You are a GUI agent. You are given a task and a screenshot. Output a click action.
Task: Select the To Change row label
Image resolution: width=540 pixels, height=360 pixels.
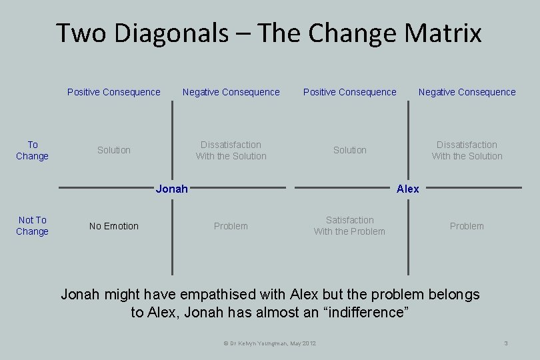coord(33,150)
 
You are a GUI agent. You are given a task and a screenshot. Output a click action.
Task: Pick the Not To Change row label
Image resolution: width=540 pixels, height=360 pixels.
coord(33,225)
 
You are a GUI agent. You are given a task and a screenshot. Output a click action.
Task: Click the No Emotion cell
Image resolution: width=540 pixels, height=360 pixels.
coord(114,226)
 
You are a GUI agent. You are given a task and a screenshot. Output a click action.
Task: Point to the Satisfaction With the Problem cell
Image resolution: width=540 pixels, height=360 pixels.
coord(349,225)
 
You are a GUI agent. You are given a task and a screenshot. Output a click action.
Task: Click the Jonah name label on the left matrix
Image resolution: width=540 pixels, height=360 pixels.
coord(171,189)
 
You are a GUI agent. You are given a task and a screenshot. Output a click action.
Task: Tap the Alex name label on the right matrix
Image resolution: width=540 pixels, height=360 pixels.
coord(408,189)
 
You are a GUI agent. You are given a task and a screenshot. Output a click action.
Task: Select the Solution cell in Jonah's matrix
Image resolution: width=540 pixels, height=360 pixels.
coord(114,150)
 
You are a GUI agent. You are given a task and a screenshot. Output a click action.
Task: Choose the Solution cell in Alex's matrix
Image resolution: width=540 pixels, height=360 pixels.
coord(350,150)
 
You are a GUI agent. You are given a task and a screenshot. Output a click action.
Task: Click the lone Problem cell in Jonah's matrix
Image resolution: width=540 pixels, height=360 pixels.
coord(231,226)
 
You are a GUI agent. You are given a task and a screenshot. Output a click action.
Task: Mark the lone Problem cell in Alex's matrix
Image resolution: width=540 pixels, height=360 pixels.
coord(467,226)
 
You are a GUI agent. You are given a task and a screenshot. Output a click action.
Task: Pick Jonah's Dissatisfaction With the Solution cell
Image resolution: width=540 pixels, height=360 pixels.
coord(231,150)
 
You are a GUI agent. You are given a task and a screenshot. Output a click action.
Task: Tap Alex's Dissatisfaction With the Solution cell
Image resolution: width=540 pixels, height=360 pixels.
coord(467,150)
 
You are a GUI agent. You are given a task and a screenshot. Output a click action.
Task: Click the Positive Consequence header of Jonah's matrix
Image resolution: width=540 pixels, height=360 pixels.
coord(114,92)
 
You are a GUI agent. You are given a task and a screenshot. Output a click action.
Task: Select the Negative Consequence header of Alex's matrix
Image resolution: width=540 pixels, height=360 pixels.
coord(467,92)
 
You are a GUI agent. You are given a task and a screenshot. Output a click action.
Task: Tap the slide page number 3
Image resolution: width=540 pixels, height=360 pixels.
coord(506,343)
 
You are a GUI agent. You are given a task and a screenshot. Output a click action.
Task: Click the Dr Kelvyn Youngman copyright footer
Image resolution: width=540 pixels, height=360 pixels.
coord(269,343)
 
